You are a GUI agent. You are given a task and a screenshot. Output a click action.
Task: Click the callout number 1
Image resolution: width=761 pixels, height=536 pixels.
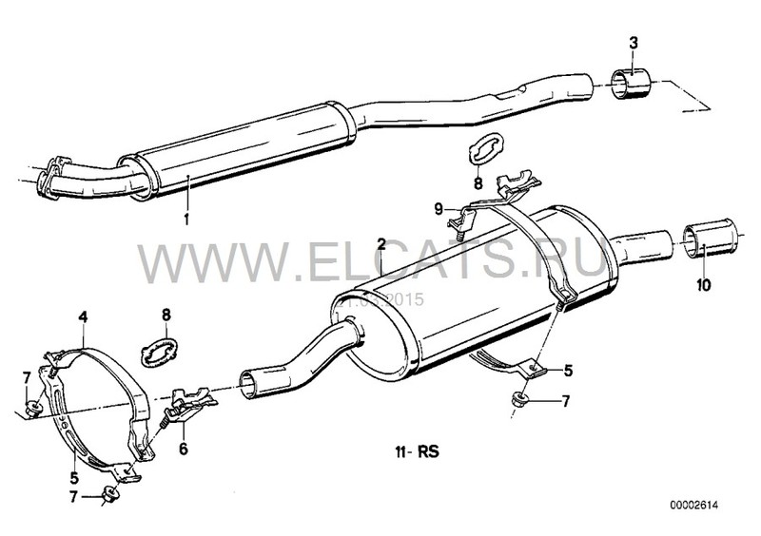click(187, 219)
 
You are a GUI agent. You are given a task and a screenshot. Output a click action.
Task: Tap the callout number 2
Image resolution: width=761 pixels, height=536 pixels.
click(380, 244)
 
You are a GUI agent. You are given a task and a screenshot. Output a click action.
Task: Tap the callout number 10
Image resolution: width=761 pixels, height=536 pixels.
click(703, 283)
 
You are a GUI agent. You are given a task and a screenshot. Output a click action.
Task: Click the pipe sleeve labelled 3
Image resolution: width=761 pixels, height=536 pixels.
click(628, 84)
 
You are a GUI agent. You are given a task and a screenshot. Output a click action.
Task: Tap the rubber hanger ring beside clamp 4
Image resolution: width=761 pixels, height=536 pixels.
click(155, 348)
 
